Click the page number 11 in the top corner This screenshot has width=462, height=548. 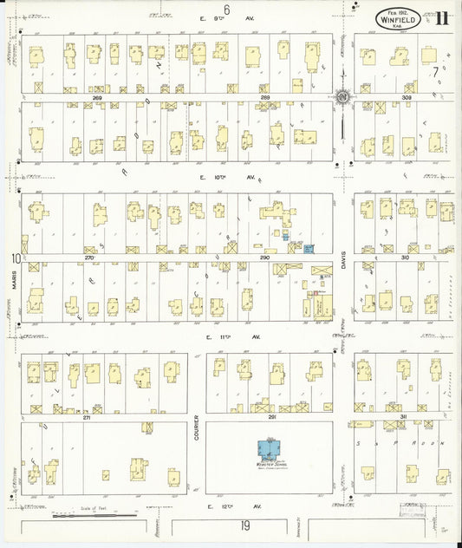pos(442,18)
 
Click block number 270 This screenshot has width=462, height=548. pos(89,258)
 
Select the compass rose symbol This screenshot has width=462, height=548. pos(342,96)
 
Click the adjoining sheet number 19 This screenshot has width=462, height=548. pos(244,525)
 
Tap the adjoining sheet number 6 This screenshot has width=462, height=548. pos(226,9)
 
